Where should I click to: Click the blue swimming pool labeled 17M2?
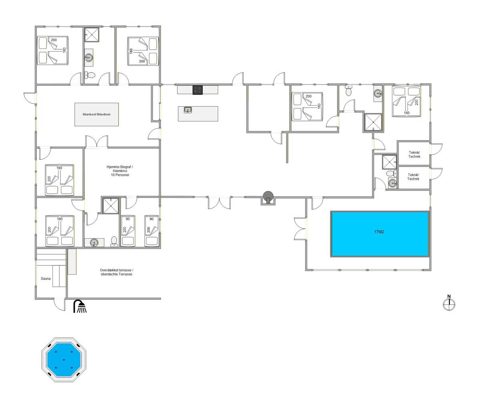point(380,234)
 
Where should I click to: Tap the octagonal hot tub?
point(64,360)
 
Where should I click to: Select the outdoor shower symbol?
point(80,306)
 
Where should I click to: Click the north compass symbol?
point(449,303)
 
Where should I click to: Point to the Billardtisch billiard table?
point(96,114)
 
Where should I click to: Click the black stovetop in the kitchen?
point(197,90)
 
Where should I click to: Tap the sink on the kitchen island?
point(188,110)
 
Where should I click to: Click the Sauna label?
point(46,279)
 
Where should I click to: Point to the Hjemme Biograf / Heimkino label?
point(120,171)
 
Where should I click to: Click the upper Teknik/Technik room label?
point(414,155)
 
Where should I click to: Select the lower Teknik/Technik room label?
point(413,177)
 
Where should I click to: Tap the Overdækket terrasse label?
point(116,272)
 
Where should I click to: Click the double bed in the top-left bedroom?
point(53,50)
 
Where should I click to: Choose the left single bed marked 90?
point(128,231)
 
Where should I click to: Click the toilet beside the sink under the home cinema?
point(114,241)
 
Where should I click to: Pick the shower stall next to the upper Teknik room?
point(389,162)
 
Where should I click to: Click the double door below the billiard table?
point(96,142)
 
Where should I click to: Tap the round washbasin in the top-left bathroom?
point(89,57)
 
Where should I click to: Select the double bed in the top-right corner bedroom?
point(406,101)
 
